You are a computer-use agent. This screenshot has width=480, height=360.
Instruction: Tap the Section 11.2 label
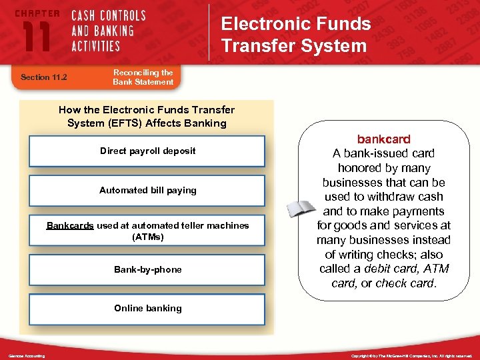tap(45, 77)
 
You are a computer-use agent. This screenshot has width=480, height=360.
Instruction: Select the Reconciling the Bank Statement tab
tap(143, 77)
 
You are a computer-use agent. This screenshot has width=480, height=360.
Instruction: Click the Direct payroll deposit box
tap(147, 151)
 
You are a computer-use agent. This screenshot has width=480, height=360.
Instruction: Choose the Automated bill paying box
tap(147, 190)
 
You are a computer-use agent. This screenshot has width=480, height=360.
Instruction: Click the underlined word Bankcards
tap(70, 225)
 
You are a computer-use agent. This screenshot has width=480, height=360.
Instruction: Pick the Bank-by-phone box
tap(147, 269)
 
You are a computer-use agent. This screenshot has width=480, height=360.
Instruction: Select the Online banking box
tap(147, 309)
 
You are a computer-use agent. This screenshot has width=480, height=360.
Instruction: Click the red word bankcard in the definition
tap(384, 139)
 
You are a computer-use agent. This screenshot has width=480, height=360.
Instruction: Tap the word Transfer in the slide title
tap(257, 45)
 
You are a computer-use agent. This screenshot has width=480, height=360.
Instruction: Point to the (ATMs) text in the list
tap(147, 237)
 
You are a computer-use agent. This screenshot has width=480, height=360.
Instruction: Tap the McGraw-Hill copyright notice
tap(411, 356)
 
